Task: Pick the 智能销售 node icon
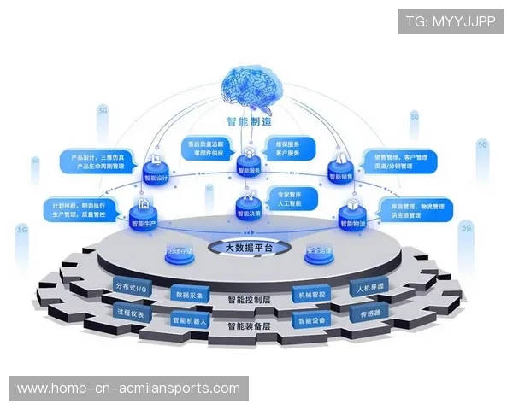(339, 166)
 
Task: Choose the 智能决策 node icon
(249, 203)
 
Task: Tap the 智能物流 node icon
(351, 213)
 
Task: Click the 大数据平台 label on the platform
(248, 248)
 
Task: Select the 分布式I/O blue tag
(136, 286)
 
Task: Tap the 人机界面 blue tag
(372, 285)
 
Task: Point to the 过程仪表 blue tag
(135, 313)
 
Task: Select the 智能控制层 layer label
(251, 300)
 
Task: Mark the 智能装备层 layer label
(251, 326)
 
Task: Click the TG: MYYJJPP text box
(451, 20)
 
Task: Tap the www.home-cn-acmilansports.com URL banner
(129, 389)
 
